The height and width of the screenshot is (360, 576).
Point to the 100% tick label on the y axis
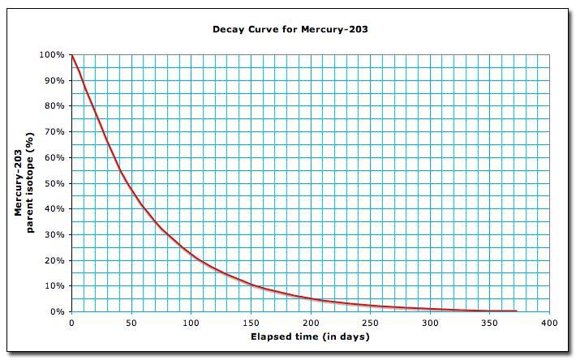(x=53, y=55)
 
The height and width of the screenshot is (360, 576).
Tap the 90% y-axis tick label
(x=54, y=81)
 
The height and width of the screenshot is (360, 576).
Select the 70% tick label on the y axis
(x=54, y=132)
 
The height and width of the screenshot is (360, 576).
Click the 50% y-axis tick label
(x=54, y=183)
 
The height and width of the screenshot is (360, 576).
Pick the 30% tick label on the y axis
(x=54, y=235)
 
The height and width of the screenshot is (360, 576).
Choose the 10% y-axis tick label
(x=54, y=286)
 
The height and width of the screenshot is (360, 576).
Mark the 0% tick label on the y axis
(x=57, y=312)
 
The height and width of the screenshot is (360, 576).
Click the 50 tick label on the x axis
(x=131, y=323)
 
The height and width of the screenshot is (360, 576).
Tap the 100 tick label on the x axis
(x=191, y=323)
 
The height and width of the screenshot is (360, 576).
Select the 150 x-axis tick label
(x=251, y=323)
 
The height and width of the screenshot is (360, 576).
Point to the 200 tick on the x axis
(x=311, y=323)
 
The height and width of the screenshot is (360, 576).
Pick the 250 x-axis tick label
(x=370, y=323)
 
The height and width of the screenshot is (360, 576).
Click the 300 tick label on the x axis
(x=430, y=323)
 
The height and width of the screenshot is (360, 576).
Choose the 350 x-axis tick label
(x=489, y=323)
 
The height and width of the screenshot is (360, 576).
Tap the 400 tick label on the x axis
(x=549, y=323)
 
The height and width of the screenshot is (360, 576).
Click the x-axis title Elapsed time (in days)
(x=311, y=336)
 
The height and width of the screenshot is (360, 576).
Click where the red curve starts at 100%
(x=72, y=55)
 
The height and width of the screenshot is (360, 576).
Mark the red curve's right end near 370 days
(x=515, y=311)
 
